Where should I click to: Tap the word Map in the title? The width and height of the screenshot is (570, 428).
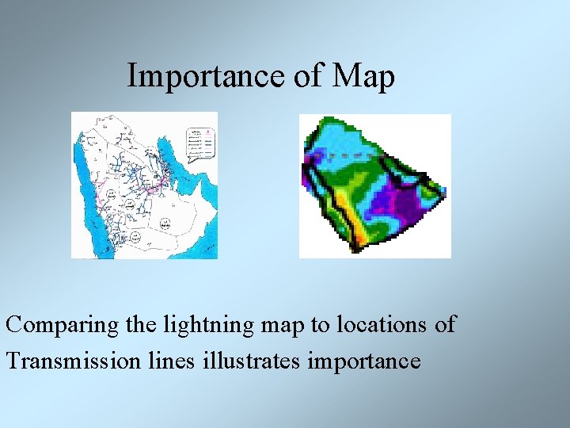click(x=363, y=76)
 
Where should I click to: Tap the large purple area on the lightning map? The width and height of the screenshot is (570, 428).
click(x=396, y=198)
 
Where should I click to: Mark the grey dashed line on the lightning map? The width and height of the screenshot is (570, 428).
click(x=348, y=155)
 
